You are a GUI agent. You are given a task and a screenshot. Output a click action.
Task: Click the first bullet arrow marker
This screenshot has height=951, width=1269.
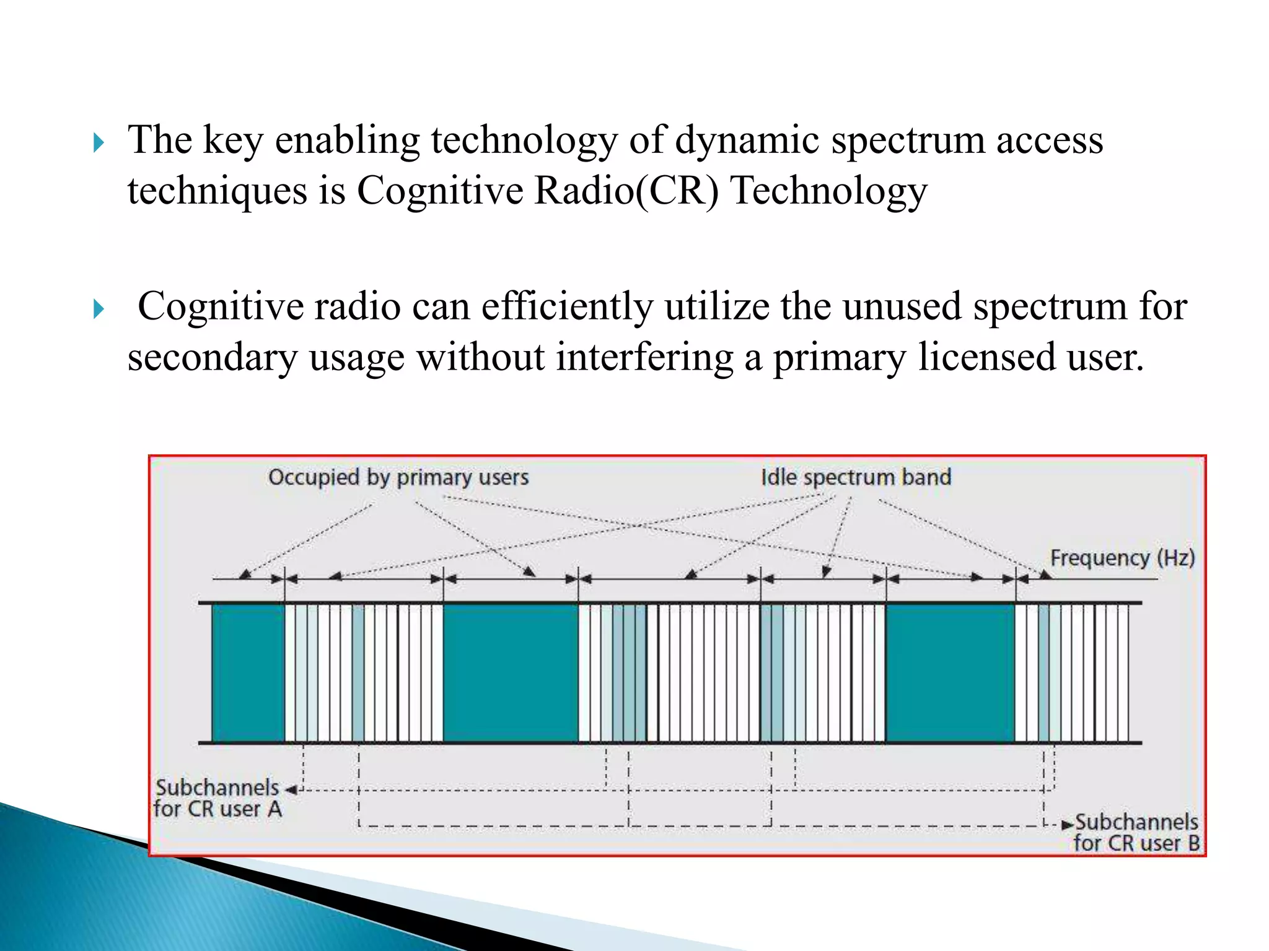tap(99, 143)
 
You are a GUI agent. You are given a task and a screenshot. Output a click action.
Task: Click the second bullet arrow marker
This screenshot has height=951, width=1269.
tap(99, 308)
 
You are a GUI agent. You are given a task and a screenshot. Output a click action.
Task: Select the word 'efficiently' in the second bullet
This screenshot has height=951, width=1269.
tap(567, 306)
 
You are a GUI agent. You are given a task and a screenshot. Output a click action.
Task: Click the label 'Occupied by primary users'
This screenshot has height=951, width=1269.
tap(398, 477)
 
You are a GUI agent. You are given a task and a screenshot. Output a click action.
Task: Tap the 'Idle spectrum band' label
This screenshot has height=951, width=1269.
tap(856, 477)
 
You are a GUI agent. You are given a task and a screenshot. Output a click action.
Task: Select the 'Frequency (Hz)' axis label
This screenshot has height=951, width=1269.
tap(1122, 558)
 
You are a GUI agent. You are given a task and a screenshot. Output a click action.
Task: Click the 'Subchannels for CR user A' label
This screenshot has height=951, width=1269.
tap(217, 798)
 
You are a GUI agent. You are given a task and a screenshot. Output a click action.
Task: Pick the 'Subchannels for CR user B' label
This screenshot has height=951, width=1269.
tap(1136, 832)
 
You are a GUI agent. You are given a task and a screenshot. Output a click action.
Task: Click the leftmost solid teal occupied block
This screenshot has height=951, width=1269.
tap(248, 672)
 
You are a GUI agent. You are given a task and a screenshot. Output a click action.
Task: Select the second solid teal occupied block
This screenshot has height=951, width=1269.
tap(510, 672)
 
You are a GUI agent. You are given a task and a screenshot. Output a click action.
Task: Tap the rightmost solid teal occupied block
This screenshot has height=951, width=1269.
tap(950, 672)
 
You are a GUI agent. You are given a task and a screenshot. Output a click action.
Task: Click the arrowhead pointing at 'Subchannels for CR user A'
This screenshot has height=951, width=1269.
tap(291, 790)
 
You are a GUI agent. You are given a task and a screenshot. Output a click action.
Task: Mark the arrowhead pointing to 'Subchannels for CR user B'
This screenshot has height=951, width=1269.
tap(1067, 825)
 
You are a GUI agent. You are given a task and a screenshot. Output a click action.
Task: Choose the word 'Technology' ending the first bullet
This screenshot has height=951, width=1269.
tap(828, 191)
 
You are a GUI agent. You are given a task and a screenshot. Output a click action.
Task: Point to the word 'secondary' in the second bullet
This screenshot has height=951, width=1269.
tap(213, 357)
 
